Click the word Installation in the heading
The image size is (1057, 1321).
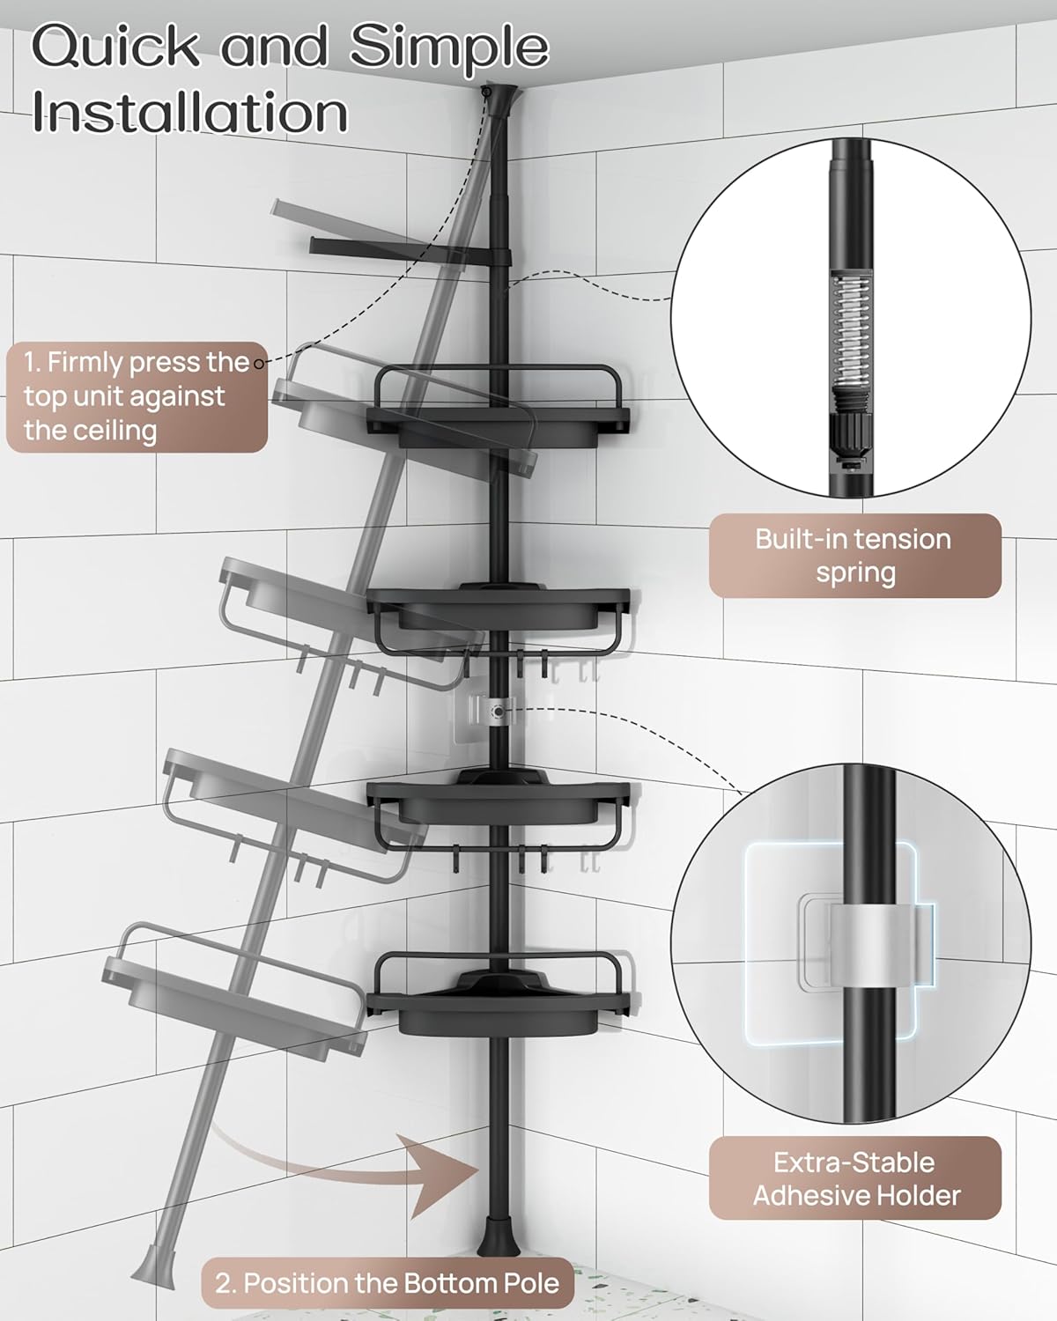[190, 113]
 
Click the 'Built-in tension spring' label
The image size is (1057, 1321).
[854, 556]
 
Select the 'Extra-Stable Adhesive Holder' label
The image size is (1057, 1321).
[854, 1178]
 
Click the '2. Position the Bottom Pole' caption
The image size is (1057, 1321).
[388, 1282]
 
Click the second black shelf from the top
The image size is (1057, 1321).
[499, 608]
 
